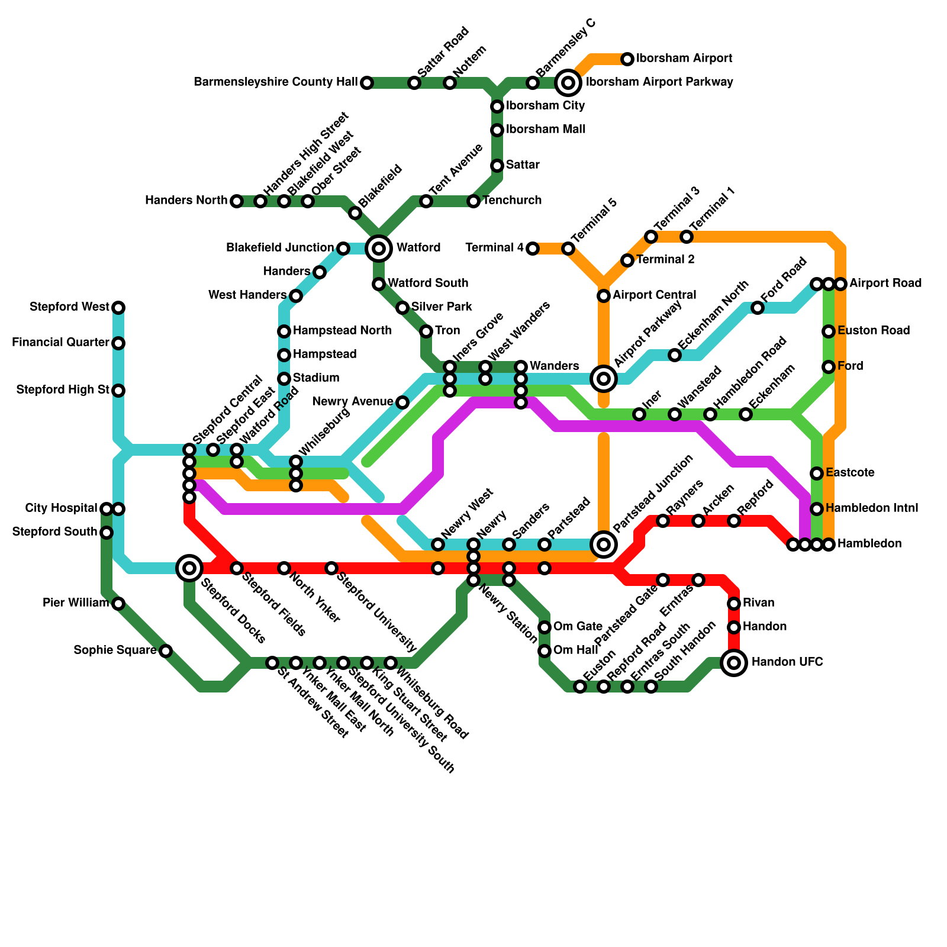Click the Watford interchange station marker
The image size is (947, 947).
tap(379, 248)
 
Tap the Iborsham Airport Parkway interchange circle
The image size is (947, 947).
tap(568, 82)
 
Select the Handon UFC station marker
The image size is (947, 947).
tap(734, 662)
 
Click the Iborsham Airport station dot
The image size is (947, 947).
tap(627, 59)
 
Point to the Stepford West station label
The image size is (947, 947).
tap(69, 307)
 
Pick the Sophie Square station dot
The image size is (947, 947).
tap(166, 651)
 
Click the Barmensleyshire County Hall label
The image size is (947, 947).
tap(275, 82)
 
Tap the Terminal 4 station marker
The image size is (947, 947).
tap(533, 249)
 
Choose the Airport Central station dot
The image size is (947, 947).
tap(604, 295)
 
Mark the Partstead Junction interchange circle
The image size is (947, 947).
tap(604, 544)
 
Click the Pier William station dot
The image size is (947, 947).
tap(118, 604)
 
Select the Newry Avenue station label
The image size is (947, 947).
tap(353, 402)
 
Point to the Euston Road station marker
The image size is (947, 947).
tap(829, 331)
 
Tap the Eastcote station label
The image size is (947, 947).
tap(850, 473)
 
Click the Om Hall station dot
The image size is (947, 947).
tap(545, 651)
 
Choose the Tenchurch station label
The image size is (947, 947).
tap(512, 201)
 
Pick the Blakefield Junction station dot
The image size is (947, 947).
tap(343, 249)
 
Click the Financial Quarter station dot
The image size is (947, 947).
tap(118, 343)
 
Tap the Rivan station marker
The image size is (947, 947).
tap(734, 604)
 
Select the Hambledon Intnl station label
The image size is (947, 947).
tap(872, 508)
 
